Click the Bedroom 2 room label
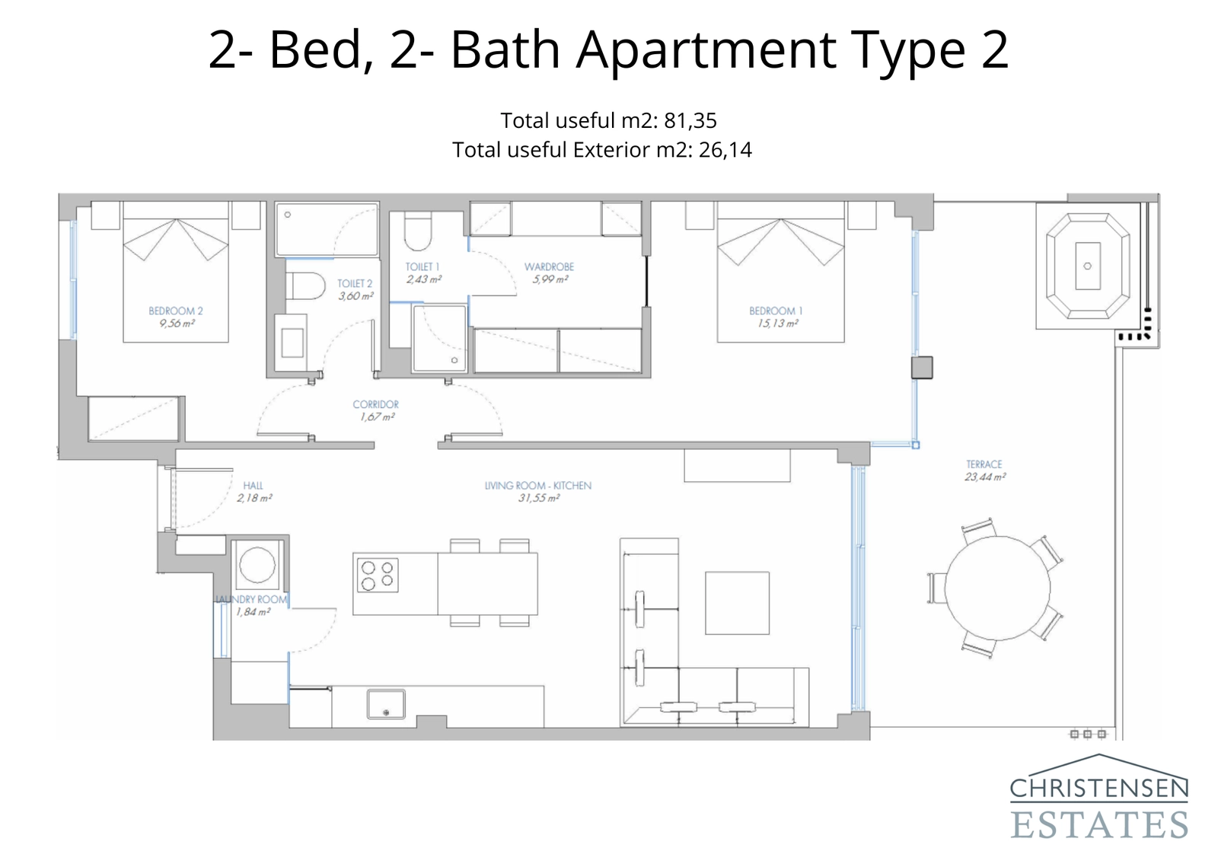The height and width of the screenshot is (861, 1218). tap(176, 311)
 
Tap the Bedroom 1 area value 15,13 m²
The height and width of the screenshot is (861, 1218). tap(776, 324)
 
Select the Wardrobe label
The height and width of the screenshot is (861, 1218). tap(549, 266)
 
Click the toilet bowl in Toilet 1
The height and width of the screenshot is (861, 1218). tap(418, 232)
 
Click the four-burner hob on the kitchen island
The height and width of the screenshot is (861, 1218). tap(377, 575)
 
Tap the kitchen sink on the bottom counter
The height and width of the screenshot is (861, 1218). tap(386, 704)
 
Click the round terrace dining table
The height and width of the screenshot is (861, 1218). tap(997, 590)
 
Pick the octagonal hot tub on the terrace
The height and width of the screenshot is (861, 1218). tap(1087, 266)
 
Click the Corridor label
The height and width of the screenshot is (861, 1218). tap(375, 404)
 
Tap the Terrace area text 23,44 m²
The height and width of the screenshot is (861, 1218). tap(984, 477)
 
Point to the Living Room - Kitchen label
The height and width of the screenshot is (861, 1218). tap(538, 485)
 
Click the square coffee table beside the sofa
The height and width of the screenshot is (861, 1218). tap(737, 603)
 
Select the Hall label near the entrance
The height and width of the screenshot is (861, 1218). tap(253, 485)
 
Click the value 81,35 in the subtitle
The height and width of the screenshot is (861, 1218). tap(690, 120)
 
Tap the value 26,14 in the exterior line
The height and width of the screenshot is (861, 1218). tap(725, 150)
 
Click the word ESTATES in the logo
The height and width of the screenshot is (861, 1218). tap(1099, 824)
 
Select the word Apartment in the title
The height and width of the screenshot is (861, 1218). tap(706, 49)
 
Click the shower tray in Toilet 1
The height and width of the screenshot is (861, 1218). tap(439, 338)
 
